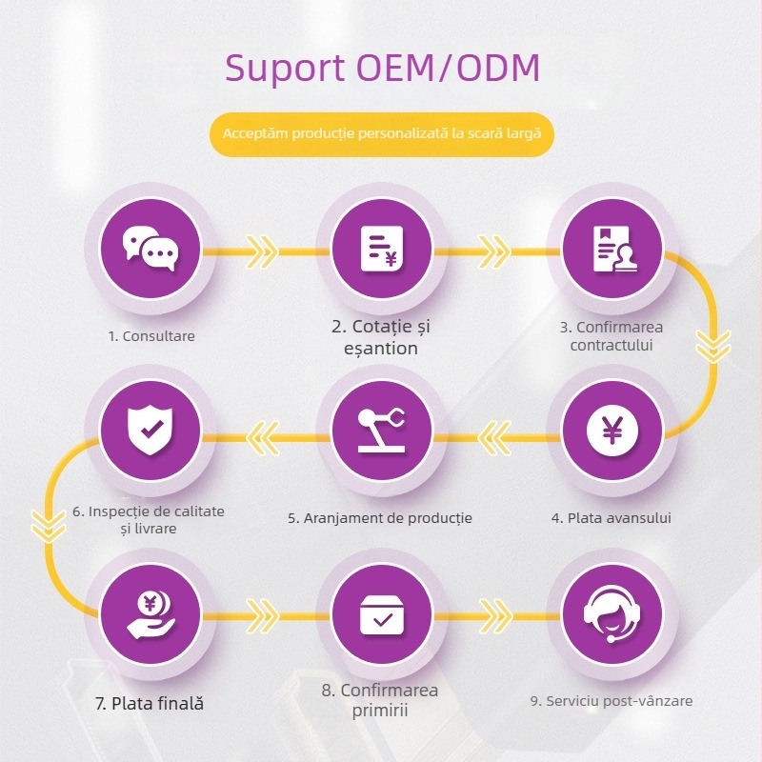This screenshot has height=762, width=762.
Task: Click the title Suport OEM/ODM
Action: (x=382, y=68)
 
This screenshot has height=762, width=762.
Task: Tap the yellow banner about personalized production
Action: (x=382, y=134)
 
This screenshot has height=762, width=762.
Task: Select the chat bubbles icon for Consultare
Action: (x=150, y=249)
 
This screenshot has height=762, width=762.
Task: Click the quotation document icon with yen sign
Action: (x=382, y=249)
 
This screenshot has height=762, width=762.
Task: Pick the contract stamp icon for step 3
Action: (x=612, y=249)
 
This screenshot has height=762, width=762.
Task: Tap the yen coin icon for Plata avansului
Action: (x=612, y=431)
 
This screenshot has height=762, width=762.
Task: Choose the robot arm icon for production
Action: (x=382, y=431)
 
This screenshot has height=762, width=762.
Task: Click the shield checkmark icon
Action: (x=150, y=431)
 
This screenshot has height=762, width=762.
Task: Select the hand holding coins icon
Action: (x=150, y=613)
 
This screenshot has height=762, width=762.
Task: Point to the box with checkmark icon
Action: (x=382, y=614)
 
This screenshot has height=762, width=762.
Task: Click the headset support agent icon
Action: (x=612, y=614)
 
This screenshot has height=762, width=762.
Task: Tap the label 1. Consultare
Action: (x=151, y=336)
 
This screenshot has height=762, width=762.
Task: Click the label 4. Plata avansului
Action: (x=612, y=518)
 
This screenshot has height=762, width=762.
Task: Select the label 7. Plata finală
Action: (x=150, y=703)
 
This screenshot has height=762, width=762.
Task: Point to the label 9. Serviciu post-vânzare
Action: (x=612, y=701)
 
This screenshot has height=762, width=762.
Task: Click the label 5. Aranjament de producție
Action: (x=380, y=518)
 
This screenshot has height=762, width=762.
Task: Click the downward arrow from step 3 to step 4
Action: (x=712, y=346)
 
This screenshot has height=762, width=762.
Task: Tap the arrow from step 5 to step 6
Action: (x=263, y=437)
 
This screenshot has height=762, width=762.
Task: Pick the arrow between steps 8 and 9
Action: (x=495, y=615)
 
